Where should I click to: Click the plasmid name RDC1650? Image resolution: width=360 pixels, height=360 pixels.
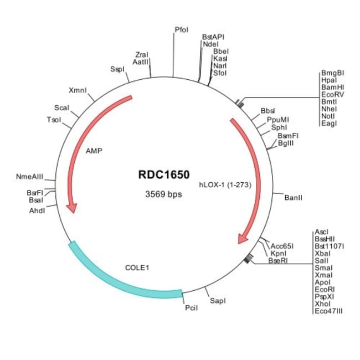tap(164, 174)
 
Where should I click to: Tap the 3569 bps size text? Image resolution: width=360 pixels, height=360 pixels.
tap(163, 194)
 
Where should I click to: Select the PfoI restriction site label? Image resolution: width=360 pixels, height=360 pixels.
tap(181, 29)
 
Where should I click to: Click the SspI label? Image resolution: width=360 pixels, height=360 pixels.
tap(117, 69)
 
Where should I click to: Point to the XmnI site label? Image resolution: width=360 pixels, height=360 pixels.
tap(78, 90)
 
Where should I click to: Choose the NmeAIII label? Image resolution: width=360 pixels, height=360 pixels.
tap(29, 177)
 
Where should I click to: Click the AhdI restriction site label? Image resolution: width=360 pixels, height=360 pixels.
tap(37, 210)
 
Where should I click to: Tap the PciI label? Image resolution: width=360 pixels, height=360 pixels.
tap(191, 308)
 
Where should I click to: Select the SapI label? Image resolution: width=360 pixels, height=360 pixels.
tap(218, 301)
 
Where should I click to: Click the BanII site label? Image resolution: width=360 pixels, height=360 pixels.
tap(293, 198)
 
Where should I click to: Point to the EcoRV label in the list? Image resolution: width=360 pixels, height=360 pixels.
tap(332, 94)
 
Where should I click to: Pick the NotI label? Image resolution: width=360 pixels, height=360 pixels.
tap(328, 116)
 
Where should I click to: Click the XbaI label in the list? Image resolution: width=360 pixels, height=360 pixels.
tap(322, 254)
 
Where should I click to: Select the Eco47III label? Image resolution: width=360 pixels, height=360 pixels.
tap(328, 311)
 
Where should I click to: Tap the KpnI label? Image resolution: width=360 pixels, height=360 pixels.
tap(278, 254)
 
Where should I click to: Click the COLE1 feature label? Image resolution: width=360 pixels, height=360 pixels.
tap(137, 268)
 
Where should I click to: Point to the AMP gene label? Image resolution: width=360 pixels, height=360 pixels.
tap(94, 151)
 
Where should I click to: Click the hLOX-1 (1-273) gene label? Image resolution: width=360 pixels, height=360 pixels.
tap(225, 184)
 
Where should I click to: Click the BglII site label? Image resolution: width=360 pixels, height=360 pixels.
tap(286, 143)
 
